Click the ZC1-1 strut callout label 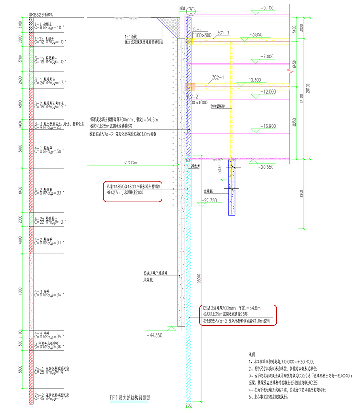tap(223, 33)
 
